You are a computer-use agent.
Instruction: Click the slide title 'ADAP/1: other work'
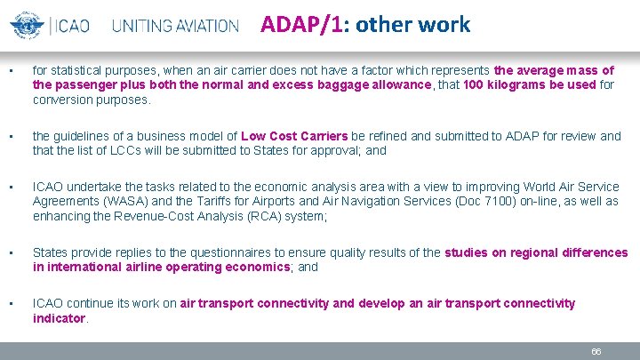coord(365,25)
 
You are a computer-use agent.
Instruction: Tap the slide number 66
coord(596,351)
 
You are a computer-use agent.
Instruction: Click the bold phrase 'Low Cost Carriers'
coord(294,136)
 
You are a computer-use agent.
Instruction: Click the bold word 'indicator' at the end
coord(59,317)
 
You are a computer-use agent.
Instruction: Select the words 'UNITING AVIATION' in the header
coord(176,26)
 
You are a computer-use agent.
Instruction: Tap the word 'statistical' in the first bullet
coord(81,70)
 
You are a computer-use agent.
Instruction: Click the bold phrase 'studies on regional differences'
coord(536,252)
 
